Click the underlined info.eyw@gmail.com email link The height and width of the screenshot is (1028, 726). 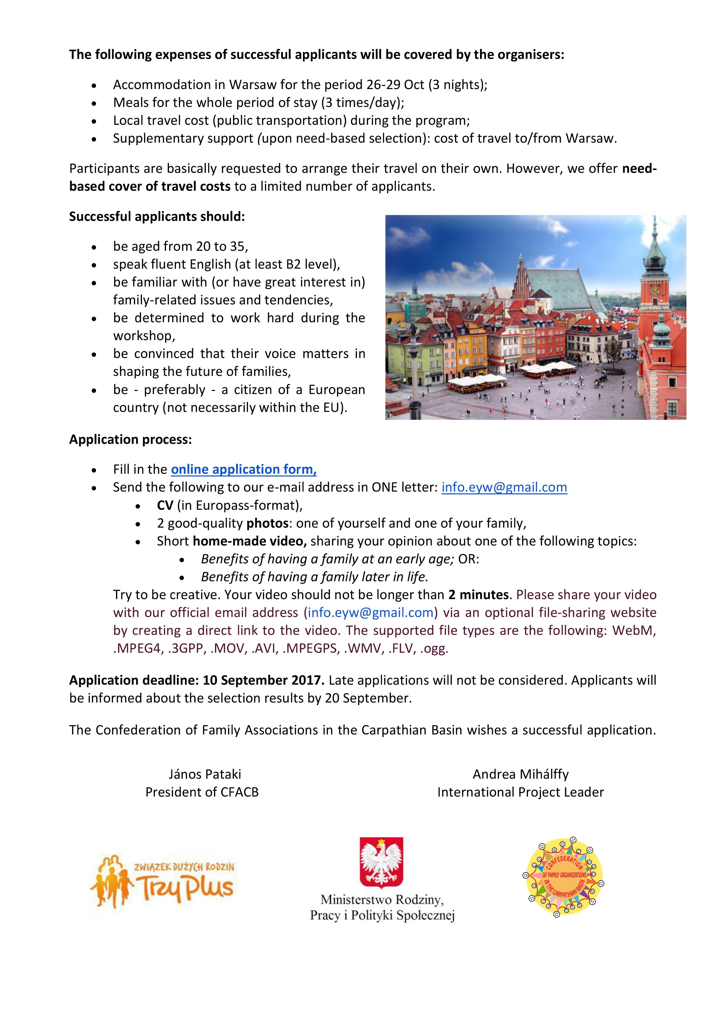click(x=504, y=487)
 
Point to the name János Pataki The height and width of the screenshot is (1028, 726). click(x=204, y=774)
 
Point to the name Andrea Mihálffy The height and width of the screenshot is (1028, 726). click(x=520, y=774)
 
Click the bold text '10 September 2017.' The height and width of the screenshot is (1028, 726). click(x=264, y=680)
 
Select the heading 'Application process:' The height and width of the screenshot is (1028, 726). click(x=130, y=439)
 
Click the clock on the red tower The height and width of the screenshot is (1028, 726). click(x=655, y=289)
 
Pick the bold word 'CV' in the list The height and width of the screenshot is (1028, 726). click(x=165, y=505)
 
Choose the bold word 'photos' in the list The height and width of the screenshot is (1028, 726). click(x=267, y=523)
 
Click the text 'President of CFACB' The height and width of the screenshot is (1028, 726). click(x=202, y=792)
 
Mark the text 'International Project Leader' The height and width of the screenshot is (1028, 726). click(x=520, y=792)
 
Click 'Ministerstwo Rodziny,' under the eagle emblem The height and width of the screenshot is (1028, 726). click(x=382, y=899)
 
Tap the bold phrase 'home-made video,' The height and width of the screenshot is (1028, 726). click(x=249, y=541)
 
